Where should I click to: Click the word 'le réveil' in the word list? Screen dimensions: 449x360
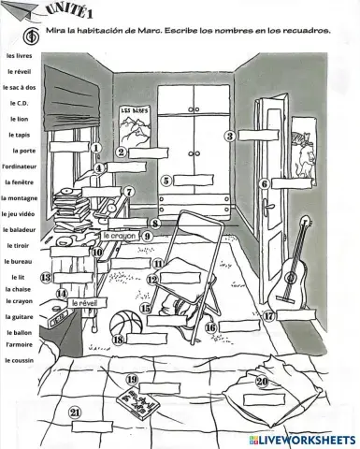pyautogui.click(x=18, y=71)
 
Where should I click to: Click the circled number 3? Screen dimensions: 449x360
pyautogui.click(x=229, y=136)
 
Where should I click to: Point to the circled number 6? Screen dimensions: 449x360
pyautogui.click(x=265, y=184)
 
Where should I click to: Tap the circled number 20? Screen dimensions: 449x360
pyautogui.click(x=262, y=382)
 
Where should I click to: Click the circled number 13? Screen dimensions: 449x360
pyautogui.click(x=45, y=278)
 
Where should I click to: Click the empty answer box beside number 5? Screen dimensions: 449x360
pyautogui.click(x=192, y=181)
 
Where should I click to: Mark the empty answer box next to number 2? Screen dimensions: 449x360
pyautogui.click(x=148, y=152)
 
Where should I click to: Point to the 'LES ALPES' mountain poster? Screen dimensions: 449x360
pyautogui.click(x=138, y=124)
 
